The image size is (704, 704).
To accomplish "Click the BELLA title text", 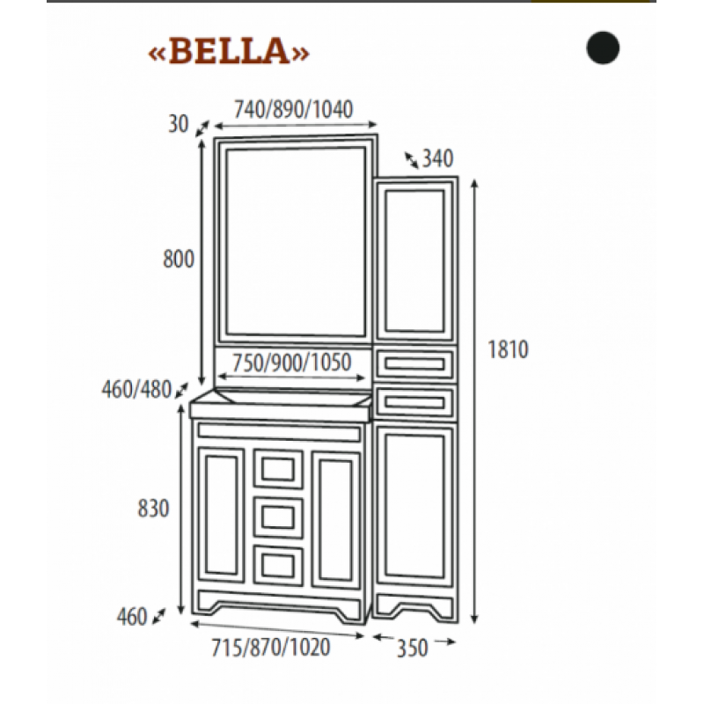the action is pos(229,51).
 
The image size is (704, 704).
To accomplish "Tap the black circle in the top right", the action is pos(603,48).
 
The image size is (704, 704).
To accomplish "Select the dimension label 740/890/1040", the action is pos(294,109).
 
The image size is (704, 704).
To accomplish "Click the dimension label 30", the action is pos(179,124).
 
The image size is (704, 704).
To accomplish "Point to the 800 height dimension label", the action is pos(179,259).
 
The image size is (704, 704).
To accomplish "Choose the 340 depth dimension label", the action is pos(437,158).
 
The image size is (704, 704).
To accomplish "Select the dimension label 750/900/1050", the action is pos(292,363).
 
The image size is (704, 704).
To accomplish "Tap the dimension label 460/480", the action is pos(137,389).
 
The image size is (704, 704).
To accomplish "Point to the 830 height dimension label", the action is pos(153,509).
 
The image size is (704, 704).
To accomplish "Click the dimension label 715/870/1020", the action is pos(271,647).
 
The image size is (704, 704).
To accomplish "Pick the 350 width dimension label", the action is pos(412,648).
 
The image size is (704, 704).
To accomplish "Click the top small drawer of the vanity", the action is pos(278,469).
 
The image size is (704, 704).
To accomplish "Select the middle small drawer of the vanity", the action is pos(278,517).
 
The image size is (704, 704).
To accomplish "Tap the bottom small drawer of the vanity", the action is pos(278,565).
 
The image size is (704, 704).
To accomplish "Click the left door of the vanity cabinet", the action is pos(221,515).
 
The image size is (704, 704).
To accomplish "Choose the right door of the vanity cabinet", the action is pos(336,521).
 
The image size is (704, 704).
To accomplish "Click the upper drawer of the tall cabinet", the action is pos(414,363).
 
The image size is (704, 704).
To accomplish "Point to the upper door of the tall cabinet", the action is pos(414,260).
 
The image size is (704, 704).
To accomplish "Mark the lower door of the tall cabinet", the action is pos(414,507).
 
